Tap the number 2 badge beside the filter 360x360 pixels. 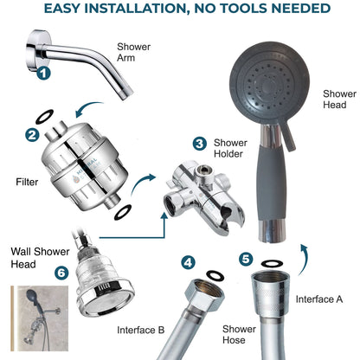[30, 134]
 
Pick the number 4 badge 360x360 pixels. [187, 261]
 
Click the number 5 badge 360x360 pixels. [247, 258]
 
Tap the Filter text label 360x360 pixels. [27, 183]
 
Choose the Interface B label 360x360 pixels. [142, 329]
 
